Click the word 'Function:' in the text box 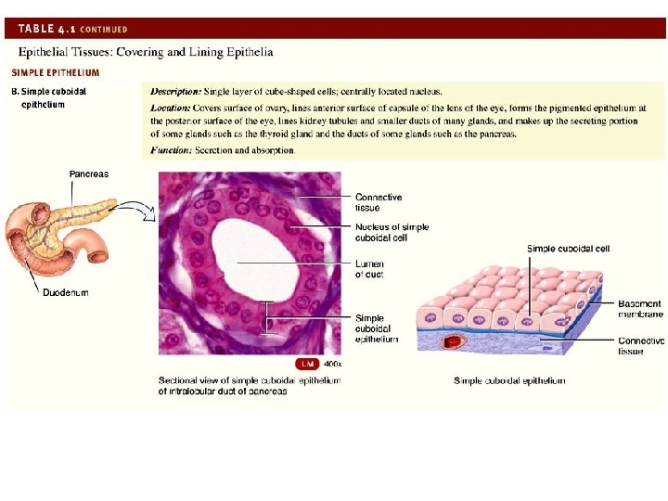click(x=171, y=150)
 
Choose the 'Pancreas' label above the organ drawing click(x=89, y=173)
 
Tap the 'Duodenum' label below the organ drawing click(x=66, y=292)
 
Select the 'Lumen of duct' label click(x=369, y=269)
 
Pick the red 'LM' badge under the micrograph click(x=306, y=364)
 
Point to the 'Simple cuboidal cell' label click(x=568, y=249)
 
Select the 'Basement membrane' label click(x=640, y=309)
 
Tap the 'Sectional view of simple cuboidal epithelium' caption click(x=250, y=385)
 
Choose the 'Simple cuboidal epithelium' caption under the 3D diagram click(x=508, y=381)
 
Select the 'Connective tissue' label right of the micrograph click(x=379, y=202)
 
